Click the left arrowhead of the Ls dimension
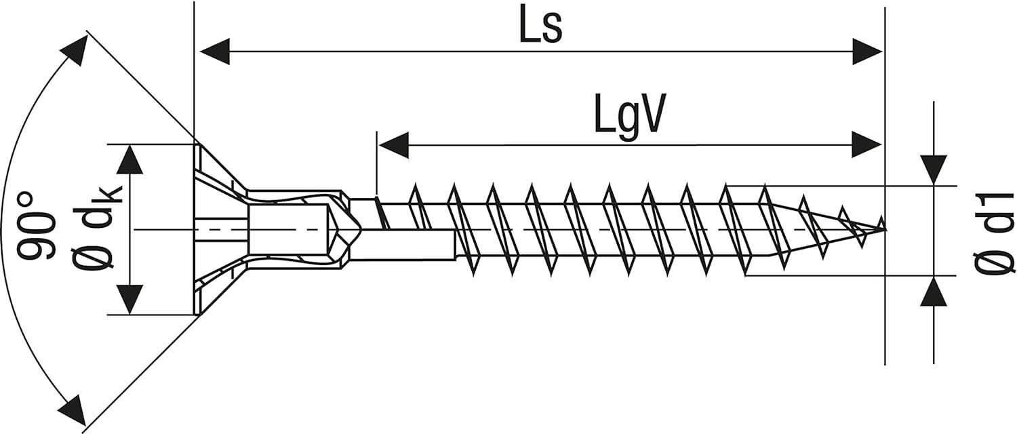215,52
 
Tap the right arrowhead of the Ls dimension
867,52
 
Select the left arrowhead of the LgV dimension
394,145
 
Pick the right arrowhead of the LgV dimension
866,144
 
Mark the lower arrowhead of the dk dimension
130,300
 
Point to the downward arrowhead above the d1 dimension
934,170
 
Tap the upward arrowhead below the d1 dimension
934,290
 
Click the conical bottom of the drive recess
344,229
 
